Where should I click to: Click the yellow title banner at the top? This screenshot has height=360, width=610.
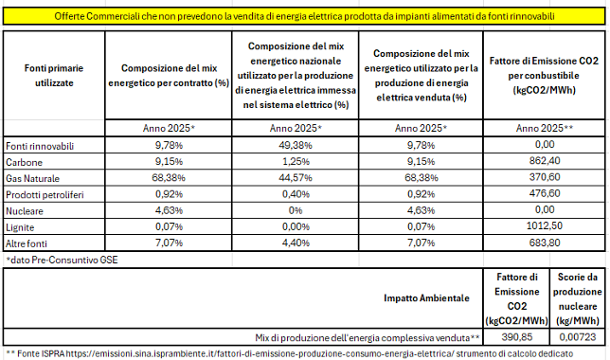pos(304,16)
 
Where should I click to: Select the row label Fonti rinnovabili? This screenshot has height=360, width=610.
pos(40,146)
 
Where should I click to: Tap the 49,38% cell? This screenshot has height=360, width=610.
pos(296,145)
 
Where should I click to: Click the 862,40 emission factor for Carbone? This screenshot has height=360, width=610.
pos(545,161)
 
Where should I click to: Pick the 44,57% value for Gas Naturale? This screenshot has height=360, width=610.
pos(296,178)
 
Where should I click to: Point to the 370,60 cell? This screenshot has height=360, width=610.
pos(545,177)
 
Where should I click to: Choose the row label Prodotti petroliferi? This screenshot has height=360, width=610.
pos(45,195)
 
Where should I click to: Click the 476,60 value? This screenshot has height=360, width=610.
pos(545,193)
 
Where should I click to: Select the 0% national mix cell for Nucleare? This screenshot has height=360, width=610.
pos(296,210)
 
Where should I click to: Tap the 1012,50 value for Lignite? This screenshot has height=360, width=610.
pos(545,225)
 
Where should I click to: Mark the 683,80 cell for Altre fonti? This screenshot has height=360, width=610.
pos(545,243)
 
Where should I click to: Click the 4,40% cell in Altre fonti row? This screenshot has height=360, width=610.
pos(296,243)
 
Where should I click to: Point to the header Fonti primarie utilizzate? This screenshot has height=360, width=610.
pos(54,76)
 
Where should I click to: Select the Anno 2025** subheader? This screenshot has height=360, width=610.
pos(545,128)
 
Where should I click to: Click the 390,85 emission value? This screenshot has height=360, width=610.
pos(516,337)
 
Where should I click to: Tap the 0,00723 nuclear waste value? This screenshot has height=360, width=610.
pos(578,337)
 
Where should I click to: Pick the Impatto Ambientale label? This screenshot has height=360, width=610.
pos(426,298)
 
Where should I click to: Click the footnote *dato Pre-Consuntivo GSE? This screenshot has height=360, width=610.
pos(62,260)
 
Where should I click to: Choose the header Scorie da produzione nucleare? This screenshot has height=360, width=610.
pos(578,299)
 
